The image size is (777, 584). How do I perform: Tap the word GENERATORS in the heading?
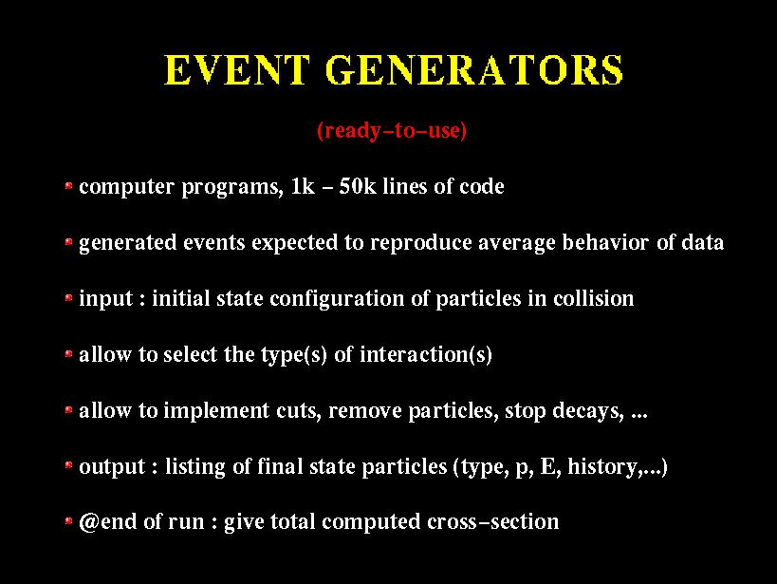474,69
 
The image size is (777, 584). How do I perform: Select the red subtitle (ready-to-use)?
392,130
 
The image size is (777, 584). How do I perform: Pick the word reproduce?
420,244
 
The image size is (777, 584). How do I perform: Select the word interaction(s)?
426,355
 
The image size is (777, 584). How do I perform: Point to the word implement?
216,411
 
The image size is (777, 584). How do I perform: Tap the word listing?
195,467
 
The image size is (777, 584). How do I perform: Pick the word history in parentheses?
602,467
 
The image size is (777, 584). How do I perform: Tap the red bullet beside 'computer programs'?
69,186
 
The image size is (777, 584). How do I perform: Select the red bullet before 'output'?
69,466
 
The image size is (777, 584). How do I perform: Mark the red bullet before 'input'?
69,298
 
